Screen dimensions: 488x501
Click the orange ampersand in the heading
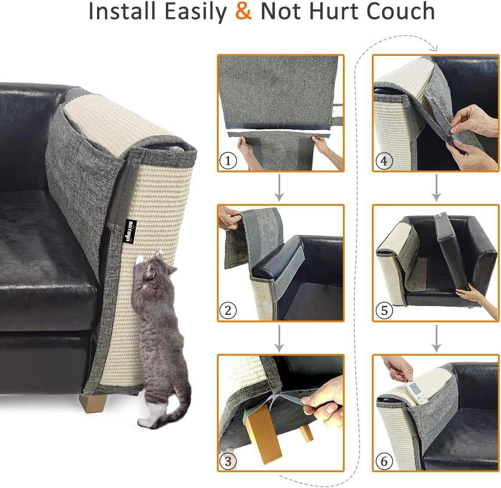[x=243, y=12]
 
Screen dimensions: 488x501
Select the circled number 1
[x=227, y=161]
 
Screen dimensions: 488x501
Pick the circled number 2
[x=227, y=311]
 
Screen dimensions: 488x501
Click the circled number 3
[x=227, y=461]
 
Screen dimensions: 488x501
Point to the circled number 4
[x=384, y=161]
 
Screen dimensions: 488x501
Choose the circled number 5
[x=384, y=311]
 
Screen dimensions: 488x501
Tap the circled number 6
[x=384, y=461]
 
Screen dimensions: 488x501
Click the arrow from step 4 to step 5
[x=436, y=188]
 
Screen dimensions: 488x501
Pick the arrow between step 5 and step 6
[x=436, y=338]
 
